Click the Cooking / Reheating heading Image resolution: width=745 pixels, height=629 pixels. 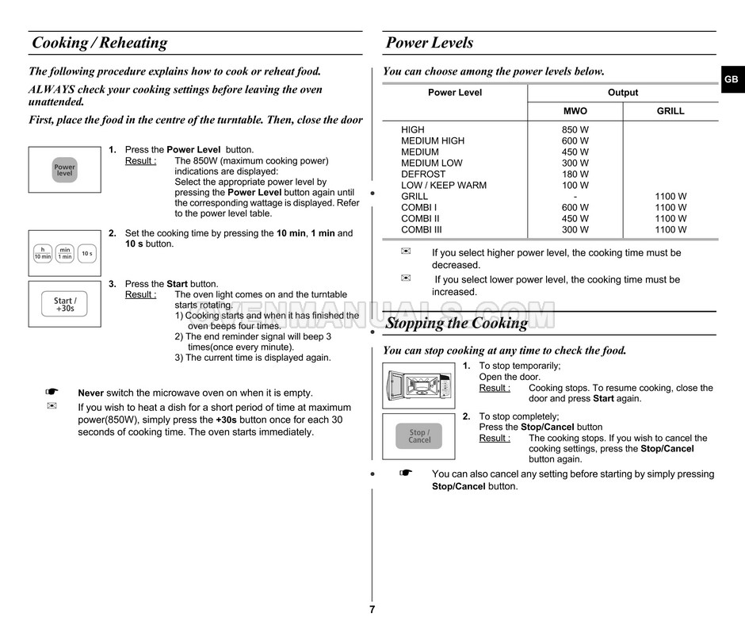pyautogui.click(x=100, y=43)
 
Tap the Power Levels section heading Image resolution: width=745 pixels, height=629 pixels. pyautogui.click(x=429, y=43)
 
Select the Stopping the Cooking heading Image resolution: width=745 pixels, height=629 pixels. pyautogui.click(x=457, y=323)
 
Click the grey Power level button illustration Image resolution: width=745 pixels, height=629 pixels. pyautogui.click(x=65, y=170)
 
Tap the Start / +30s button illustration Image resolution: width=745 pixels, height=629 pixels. pyautogui.click(x=65, y=304)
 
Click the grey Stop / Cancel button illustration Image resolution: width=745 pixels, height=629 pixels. pyautogui.click(x=419, y=436)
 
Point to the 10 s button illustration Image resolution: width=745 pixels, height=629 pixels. pyautogui.click(x=87, y=254)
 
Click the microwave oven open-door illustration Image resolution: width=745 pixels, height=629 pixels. pyautogui.click(x=418, y=385)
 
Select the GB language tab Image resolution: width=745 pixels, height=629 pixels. pyautogui.click(x=731, y=80)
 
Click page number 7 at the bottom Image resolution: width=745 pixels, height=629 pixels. pyautogui.click(x=372, y=609)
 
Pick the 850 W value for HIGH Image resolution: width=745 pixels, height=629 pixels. pyautogui.click(x=575, y=130)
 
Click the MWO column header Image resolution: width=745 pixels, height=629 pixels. pyautogui.click(x=575, y=112)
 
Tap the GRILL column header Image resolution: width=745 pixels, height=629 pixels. pyautogui.click(x=670, y=112)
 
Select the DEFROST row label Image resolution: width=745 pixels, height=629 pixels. pyautogui.click(x=423, y=175)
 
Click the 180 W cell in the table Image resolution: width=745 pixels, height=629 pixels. pyautogui.click(x=575, y=175)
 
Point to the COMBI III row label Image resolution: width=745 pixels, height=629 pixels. pyautogui.click(x=422, y=230)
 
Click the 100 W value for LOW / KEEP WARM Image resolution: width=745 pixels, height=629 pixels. pyautogui.click(x=575, y=186)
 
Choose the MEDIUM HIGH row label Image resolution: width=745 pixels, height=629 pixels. pyautogui.click(x=433, y=141)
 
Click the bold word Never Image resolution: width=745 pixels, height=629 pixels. pyautogui.click(x=90, y=393)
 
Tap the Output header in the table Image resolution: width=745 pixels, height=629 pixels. pyautogui.click(x=623, y=93)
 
